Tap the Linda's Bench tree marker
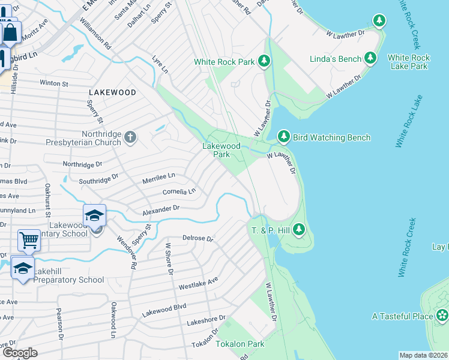[371, 58]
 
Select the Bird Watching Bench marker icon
[284, 137]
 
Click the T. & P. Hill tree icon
[299, 229]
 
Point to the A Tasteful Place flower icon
[442, 316]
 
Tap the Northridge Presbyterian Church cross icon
[130, 138]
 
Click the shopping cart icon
[29, 241]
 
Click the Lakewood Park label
[221, 150]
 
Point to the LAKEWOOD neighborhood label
[112, 92]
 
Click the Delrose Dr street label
[198, 238]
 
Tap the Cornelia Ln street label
[179, 192]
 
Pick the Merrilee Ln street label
[158, 176]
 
